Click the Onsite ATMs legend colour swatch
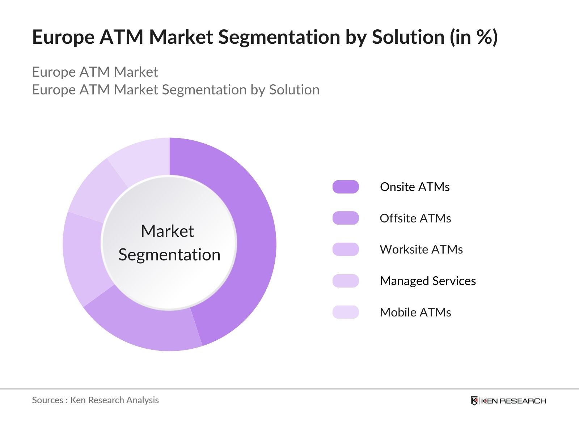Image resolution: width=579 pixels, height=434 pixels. click(x=346, y=187)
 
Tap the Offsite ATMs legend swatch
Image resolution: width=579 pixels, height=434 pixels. click(x=346, y=218)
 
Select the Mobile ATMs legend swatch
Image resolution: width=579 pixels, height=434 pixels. click(x=346, y=312)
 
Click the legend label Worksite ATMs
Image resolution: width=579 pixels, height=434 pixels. click(x=421, y=250)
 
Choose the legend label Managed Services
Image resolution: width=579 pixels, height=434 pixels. click(x=428, y=281)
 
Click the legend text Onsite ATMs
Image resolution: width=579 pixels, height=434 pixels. click(x=415, y=187)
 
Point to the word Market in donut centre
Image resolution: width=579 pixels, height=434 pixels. click(x=167, y=231)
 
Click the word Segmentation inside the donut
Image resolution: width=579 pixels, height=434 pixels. click(x=169, y=255)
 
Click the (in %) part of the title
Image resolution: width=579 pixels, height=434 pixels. click(x=474, y=37)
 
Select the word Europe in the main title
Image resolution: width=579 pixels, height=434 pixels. click(x=63, y=37)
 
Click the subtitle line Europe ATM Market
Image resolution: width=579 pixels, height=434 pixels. click(x=95, y=72)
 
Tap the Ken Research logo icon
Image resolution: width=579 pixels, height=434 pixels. click(x=474, y=401)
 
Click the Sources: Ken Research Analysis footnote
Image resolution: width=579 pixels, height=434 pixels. click(x=95, y=400)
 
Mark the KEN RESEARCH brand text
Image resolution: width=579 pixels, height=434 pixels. click(x=513, y=401)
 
